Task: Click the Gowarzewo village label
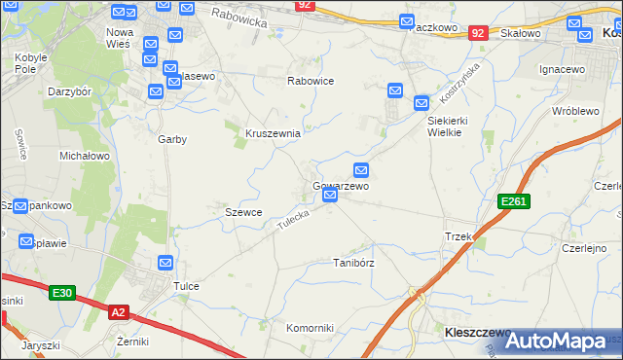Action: click(x=340, y=185)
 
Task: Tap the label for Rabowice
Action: click(x=311, y=82)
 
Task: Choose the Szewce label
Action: click(x=243, y=212)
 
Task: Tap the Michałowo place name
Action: click(x=85, y=156)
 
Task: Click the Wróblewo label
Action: click(x=574, y=111)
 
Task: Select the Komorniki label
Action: click(x=311, y=328)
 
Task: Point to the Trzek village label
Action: click(x=458, y=237)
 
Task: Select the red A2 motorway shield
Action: click(x=118, y=311)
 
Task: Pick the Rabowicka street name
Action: click(x=238, y=15)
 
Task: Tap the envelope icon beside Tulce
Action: click(x=165, y=263)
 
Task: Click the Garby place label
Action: click(x=172, y=139)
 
